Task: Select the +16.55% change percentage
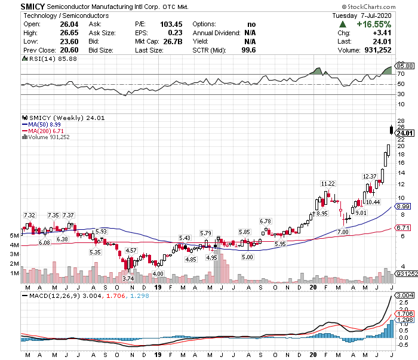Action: (x=374, y=24)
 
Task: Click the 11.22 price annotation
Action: (x=328, y=183)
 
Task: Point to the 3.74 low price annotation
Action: (x=128, y=278)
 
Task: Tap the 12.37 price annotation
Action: (x=370, y=177)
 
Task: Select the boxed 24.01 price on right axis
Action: (x=402, y=133)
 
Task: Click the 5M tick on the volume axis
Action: (x=13, y=236)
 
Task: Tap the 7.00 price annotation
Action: (x=342, y=232)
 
